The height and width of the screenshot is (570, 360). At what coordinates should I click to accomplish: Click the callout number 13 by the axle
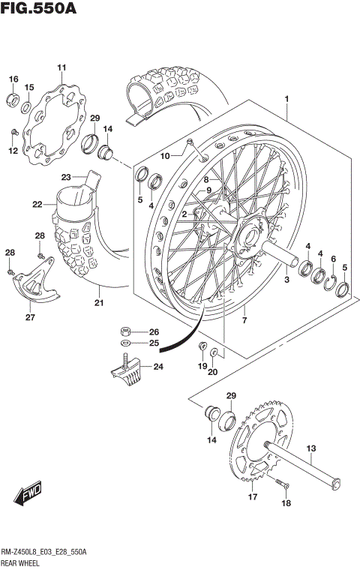click(310, 449)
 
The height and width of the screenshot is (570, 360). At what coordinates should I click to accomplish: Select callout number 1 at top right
click(287, 98)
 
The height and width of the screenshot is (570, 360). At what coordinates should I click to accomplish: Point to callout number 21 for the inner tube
click(98, 304)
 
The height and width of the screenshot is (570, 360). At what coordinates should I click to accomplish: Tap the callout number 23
click(65, 177)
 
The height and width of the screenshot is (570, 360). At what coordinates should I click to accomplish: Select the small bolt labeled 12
click(13, 133)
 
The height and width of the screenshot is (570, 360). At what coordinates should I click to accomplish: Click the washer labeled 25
click(128, 343)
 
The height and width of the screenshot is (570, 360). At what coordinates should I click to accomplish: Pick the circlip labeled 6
click(332, 278)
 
